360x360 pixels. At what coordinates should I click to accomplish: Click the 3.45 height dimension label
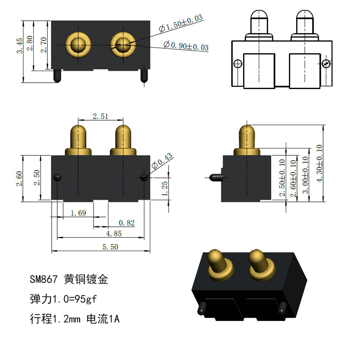(x=20, y=46)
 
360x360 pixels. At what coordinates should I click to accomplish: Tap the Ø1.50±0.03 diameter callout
(x=181, y=23)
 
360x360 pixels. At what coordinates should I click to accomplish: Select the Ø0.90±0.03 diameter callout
(x=186, y=46)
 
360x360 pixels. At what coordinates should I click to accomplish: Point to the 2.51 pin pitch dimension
(x=100, y=117)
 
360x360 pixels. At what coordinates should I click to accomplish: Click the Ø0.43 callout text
(x=162, y=161)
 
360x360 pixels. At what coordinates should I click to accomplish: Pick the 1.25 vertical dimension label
(x=165, y=189)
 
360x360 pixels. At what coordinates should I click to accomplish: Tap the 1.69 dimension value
(x=78, y=213)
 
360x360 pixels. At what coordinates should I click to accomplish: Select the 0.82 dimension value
(x=127, y=223)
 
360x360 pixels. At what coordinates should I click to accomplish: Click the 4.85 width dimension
(x=114, y=234)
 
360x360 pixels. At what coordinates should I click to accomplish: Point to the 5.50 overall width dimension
(x=110, y=247)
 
